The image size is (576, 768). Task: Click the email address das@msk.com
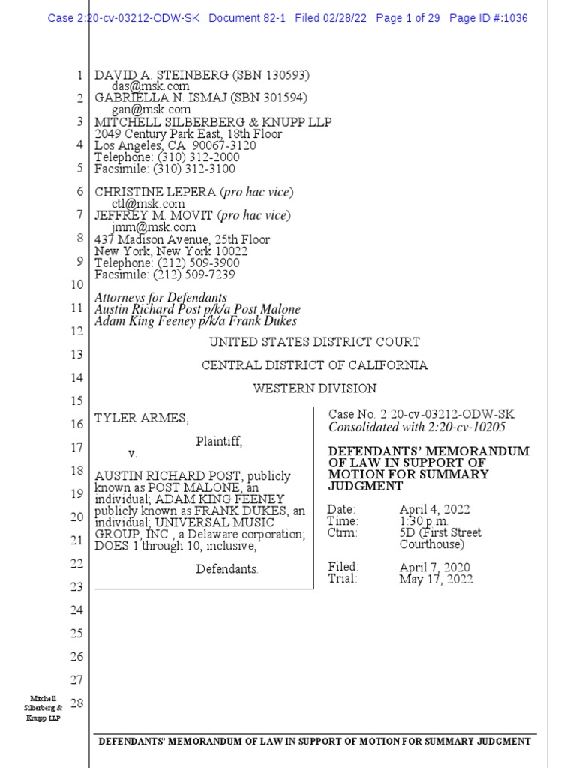[145, 87]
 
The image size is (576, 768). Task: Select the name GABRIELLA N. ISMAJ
[151, 98]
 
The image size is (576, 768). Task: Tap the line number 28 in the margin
[76, 703]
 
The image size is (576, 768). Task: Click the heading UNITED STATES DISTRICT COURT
[314, 342]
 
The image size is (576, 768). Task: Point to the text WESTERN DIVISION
[314, 388]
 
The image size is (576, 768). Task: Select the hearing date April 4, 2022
[434, 510]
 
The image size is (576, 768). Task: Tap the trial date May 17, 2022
[436, 579]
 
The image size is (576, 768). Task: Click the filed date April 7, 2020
[434, 568]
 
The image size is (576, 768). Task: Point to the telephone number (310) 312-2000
[192, 157]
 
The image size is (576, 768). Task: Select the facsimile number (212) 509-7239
[195, 274]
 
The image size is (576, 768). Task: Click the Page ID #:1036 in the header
[488, 18]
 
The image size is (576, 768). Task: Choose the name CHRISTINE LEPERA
[155, 192]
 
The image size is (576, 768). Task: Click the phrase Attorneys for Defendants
[160, 298]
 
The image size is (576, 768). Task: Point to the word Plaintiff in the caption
[219, 441]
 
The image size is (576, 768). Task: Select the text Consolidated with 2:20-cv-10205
[417, 427]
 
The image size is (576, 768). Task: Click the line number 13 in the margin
[76, 354]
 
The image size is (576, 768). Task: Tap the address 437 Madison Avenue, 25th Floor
[182, 240]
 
